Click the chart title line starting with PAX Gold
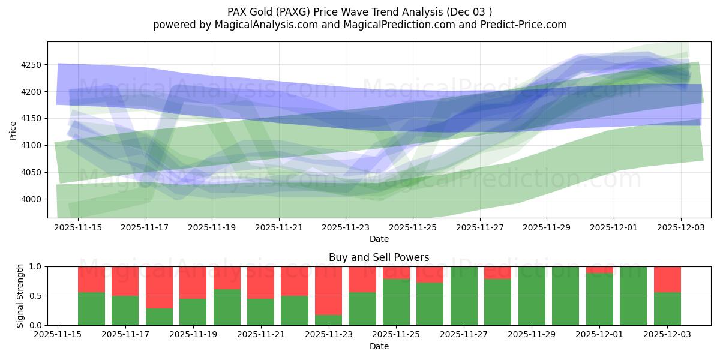(x=359, y=11)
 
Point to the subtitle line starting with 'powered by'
(x=359, y=25)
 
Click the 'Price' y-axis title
(x=13, y=130)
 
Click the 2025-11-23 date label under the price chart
(x=346, y=228)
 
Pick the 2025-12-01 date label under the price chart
(x=613, y=228)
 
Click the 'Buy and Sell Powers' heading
(x=379, y=257)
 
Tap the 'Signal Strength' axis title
(x=21, y=296)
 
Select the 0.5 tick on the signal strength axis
(x=35, y=296)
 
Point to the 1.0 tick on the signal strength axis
(x=35, y=266)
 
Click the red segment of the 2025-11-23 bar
(x=328, y=290)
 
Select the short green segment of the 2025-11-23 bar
(x=328, y=320)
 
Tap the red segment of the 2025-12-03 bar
(x=667, y=279)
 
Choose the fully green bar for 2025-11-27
(x=464, y=296)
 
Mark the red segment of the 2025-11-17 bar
(x=125, y=281)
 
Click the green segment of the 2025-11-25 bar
(x=396, y=302)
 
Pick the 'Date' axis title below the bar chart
(x=379, y=346)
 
